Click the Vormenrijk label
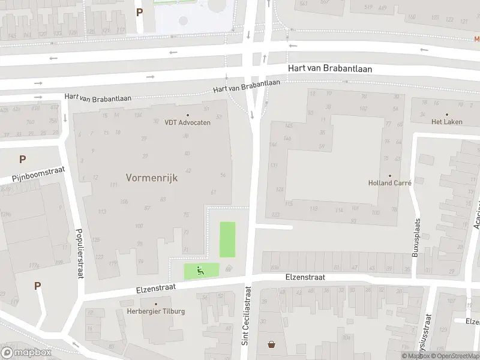pos(152,178)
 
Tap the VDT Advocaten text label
pos(187,122)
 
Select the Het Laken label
pos(446,121)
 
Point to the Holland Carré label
pos(389,184)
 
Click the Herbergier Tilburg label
pos(156,311)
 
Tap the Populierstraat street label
pos(79,253)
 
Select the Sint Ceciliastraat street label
pos(246,323)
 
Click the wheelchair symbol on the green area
pos(201,271)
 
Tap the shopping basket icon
pos(272,344)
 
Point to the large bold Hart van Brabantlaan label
pos(329,69)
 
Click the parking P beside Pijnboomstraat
pos(22,160)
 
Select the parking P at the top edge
pos(139,12)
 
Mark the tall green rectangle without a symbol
pos(227,239)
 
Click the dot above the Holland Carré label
pos(389,175)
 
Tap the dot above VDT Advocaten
pos(187,115)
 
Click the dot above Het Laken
pos(446,113)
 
